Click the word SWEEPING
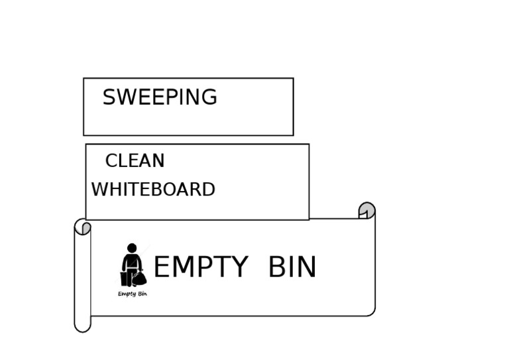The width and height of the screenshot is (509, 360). click(x=160, y=97)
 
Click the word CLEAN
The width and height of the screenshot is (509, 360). click(x=135, y=161)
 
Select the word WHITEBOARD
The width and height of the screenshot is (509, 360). click(x=153, y=190)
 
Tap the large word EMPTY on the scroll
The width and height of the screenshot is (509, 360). click(x=200, y=267)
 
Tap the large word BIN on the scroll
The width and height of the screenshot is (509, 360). click(x=292, y=267)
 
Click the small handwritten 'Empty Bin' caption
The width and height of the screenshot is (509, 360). click(x=133, y=294)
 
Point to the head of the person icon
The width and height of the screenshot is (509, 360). click(x=132, y=248)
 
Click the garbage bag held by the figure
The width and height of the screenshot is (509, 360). click(x=139, y=278)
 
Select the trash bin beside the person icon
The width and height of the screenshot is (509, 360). click(x=124, y=278)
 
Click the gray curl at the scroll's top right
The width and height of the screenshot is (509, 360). click(x=367, y=210)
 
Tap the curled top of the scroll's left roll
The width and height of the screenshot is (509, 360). click(x=82, y=227)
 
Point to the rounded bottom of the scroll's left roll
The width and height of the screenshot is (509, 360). click(x=82, y=325)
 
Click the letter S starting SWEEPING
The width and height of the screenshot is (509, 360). click(x=109, y=97)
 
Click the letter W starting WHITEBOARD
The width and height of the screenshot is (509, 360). click(x=99, y=190)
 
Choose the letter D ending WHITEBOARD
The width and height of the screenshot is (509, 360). click(x=208, y=190)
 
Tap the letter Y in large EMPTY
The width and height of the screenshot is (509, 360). click(x=239, y=267)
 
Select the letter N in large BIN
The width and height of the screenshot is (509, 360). click(x=307, y=267)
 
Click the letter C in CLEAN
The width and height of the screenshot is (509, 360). click(x=111, y=161)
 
